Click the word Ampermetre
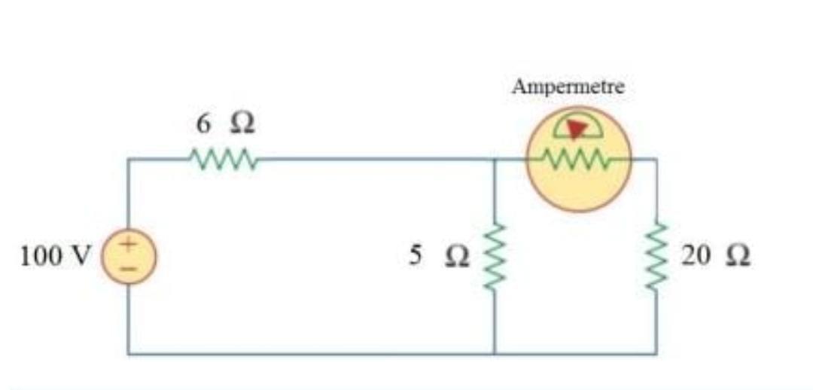tap(568, 87)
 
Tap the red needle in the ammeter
tap(577, 129)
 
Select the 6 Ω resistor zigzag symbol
tap(224, 159)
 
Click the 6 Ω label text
tap(225, 124)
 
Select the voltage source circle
tap(128, 257)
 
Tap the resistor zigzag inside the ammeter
tap(578, 159)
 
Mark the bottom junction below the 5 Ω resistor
tap(495, 353)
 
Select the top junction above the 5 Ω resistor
tap(495, 159)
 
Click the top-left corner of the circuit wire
tap(128, 159)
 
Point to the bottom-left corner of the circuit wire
tap(128, 353)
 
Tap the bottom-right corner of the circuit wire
tap(656, 353)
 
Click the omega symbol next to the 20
tap(736, 257)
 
